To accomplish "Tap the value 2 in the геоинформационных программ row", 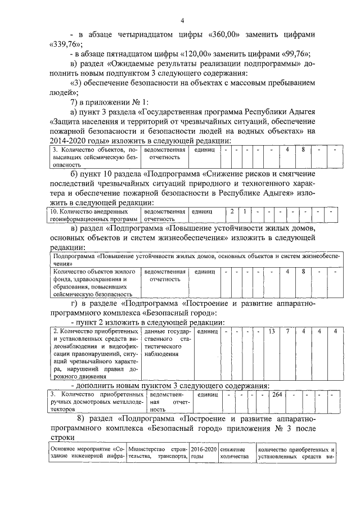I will (x=232, y=211).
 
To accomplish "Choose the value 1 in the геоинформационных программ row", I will (x=245, y=211).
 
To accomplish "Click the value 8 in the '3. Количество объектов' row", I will (x=303, y=150).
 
